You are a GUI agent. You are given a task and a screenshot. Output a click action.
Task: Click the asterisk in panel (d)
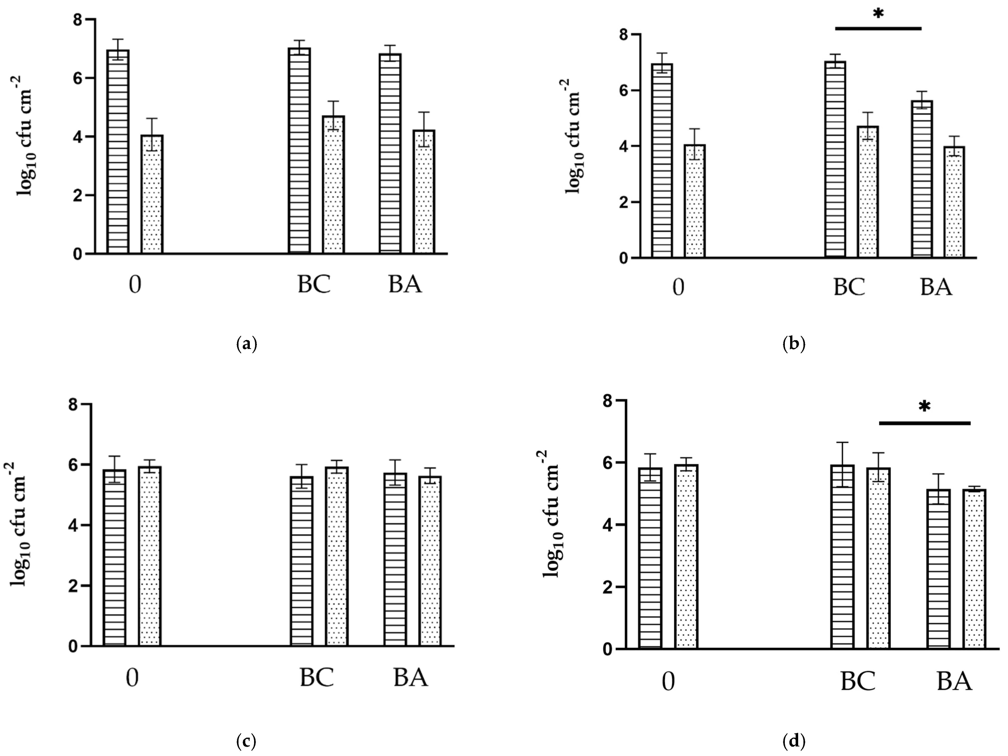924,406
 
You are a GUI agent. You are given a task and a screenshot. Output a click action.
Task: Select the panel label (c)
247,741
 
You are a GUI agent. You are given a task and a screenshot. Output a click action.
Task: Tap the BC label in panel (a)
314,285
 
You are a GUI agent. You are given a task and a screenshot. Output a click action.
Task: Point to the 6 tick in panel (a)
77,78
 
